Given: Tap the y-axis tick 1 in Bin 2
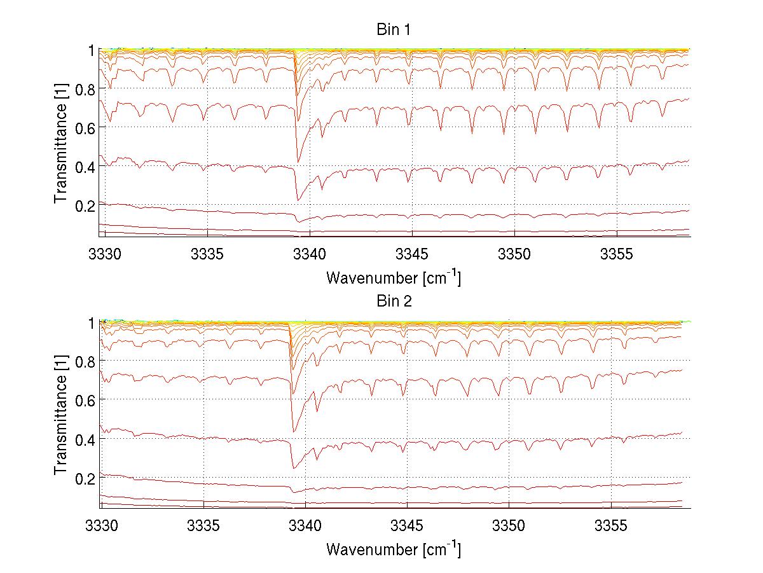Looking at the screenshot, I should (x=92, y=322).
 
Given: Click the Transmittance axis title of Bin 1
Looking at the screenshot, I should (x=61, y=144).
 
